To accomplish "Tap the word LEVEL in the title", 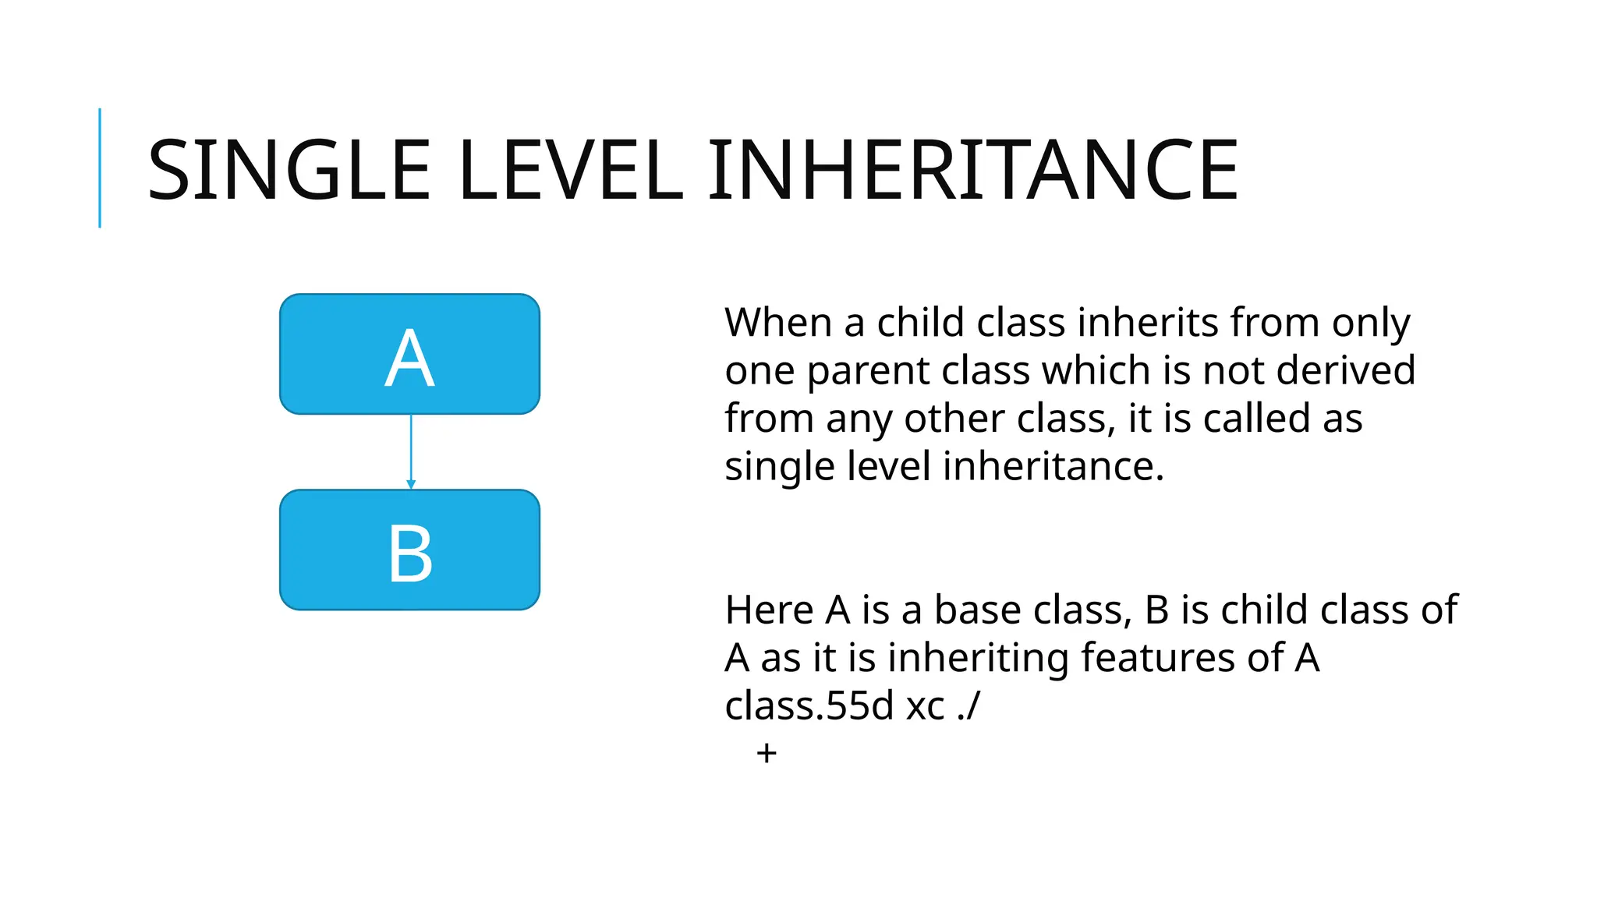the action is [x=571, y=170].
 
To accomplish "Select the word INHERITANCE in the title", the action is [x=973, y=170].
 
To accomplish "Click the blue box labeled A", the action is [x=409, y=354].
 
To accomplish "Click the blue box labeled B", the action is [x=409, y=550].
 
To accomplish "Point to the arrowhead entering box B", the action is [x=411, y=485].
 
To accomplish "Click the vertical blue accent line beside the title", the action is [x=100, y=168].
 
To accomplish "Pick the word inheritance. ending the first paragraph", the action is [x=1053, y=466].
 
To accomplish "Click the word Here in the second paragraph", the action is [x=769, y=610].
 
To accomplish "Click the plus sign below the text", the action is [x=767, y=753].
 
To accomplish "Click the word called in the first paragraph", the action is [x=1256, y=419].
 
